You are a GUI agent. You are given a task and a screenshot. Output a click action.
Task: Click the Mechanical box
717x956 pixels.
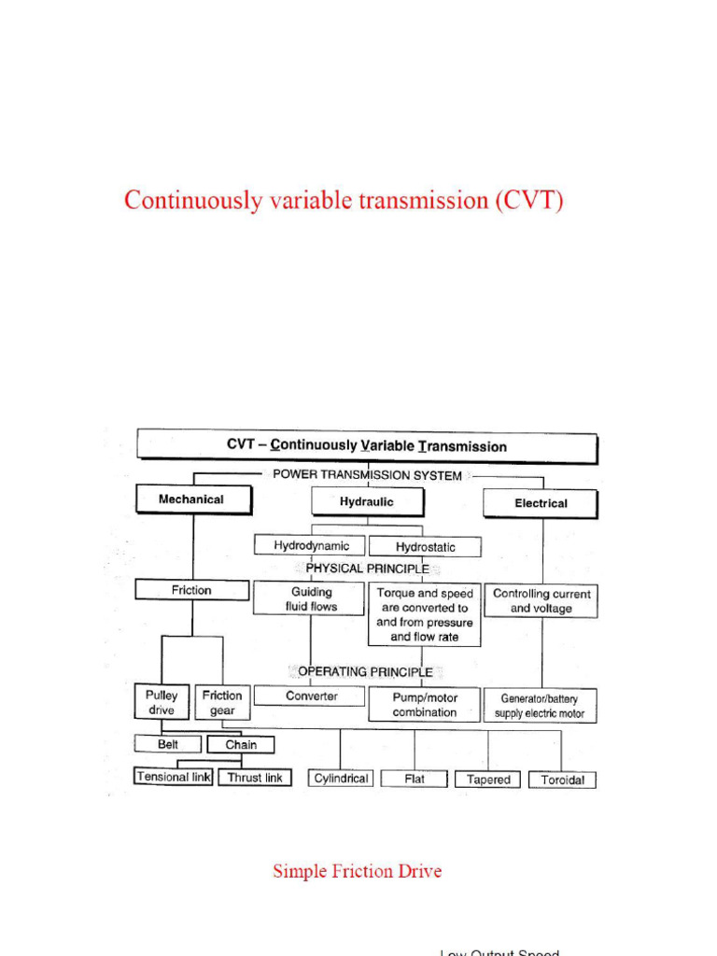coord(193,499)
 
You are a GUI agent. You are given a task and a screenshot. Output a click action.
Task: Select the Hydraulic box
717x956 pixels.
coord(367,502)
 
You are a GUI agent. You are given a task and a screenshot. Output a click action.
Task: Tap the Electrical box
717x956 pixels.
coord(541,503)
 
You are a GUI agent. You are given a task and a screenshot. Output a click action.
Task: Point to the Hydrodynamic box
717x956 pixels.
coord(311,545)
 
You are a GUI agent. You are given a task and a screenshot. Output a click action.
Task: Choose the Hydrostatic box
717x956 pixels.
coord(426,547)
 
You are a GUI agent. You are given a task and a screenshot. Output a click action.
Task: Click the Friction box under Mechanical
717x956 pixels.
coord(191,590)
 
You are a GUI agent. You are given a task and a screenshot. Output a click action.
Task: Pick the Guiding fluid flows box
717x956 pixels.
coord(310,598)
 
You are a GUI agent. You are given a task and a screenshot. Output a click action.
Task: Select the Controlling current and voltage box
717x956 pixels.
coord(541,601)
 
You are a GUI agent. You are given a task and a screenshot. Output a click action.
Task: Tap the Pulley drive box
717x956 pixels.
coord(162,703)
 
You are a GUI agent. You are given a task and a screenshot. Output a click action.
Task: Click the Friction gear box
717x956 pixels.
coord(222,703)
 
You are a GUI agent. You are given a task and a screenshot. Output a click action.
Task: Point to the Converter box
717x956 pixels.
coord(311,696)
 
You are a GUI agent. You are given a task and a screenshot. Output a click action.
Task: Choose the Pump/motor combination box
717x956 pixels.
coord(425,705)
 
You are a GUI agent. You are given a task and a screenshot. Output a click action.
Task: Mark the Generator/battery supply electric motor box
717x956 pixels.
coord(541,706)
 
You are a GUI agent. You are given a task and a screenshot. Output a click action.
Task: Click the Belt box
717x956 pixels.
coord(167,744)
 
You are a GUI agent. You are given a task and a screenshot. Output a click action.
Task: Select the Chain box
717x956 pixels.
coord(241,745)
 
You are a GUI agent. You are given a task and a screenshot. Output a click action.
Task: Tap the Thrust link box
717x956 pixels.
coord(255,777)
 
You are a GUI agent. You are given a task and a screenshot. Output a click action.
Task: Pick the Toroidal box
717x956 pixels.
coord(562,780)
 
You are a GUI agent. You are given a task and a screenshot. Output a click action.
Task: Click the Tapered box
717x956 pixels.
coord(488,780)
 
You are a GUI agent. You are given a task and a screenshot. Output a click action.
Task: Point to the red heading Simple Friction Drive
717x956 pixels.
coord(358,871)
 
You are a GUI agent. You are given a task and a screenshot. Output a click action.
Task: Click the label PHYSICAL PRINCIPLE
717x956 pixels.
coord(368,568)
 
